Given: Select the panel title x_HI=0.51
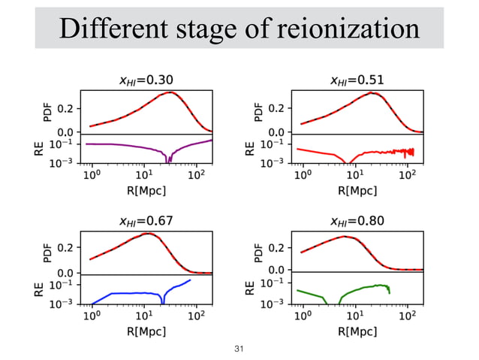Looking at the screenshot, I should click(x=355, y=80).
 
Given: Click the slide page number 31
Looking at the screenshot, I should click(x=239, y=349).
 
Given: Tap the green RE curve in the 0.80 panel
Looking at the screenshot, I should click(x=368, y=288).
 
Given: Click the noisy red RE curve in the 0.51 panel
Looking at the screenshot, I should click(x=390, y=151).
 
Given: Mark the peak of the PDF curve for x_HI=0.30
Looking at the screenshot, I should click(x=171, y=92).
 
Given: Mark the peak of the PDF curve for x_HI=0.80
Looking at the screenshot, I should click(x=345, y=236).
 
